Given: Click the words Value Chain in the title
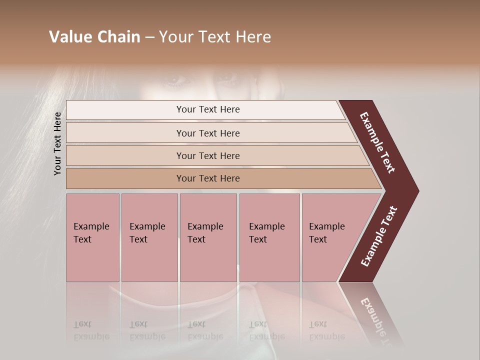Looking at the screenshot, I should click(x=94, y=37).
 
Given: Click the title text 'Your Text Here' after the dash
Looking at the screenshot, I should click(x=215, y=37).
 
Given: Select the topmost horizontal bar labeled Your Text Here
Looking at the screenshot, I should click(x=208, y=109).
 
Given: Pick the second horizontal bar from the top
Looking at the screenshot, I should click(x=208, y=133).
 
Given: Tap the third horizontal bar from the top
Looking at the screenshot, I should click(x=208, y=155).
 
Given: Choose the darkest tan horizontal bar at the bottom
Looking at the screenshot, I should click(x=208, y=178).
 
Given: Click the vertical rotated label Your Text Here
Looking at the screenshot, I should click(x=57, y=143).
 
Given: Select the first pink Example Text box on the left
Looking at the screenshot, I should click(x=92, y=237).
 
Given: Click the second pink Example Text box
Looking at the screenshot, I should click(x=149, y=237).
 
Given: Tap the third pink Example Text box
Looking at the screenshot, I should click(x=208, y=237).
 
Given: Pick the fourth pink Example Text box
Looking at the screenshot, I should click(x=269, y=237).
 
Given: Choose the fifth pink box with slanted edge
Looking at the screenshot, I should click(x=330, y=237).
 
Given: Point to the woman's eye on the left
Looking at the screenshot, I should click(x=176, y=79).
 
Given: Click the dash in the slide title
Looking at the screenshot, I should click(x=149, y=37).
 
